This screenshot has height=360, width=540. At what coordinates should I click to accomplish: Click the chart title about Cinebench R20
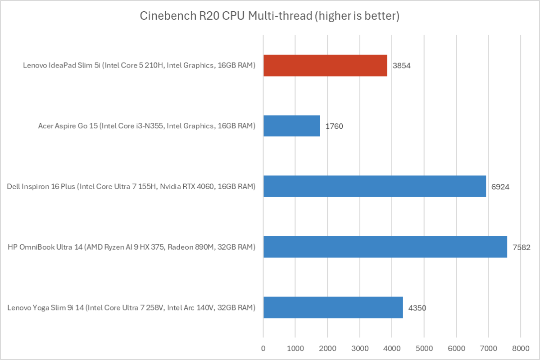tap(270, 17)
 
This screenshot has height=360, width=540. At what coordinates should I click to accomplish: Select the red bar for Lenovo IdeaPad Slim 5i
tap(325, 65)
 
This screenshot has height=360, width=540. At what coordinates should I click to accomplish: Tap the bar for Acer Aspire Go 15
tap(291, 126)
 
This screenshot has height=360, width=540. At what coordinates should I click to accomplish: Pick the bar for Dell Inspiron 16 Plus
tap(375, 186)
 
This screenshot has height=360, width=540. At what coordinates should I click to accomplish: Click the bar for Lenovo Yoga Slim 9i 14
tap(333, 307)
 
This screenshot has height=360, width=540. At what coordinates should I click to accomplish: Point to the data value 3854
tap(402, 66)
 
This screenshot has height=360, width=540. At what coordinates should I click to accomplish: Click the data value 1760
tap(334, 126)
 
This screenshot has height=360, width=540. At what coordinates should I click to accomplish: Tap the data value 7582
tap(522, 247)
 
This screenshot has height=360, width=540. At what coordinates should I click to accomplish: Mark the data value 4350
tap(417, 308)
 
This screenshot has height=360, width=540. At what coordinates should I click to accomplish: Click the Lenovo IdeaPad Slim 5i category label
tap(139, 66)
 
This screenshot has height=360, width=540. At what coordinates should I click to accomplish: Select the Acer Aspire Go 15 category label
tap(147, 126)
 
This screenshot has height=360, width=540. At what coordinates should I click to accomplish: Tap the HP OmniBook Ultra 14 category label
tap(132, 247)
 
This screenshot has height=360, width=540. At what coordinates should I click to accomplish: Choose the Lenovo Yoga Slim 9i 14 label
tap(132, 308)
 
